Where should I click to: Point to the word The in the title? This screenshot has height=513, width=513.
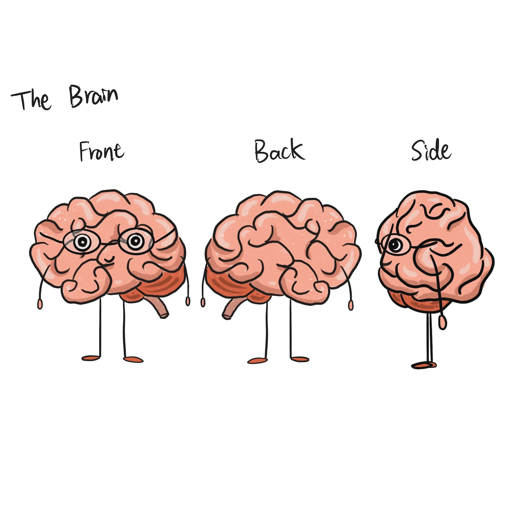tap(31, 100)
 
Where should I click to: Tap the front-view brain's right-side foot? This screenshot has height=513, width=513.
tap(133, 360)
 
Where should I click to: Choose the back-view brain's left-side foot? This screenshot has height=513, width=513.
tap(257, 360)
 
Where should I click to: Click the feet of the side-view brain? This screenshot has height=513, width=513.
tap(423, 366)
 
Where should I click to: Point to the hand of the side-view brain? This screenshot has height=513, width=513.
tap(442, 322)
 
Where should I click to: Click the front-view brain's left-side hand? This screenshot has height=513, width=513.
tap(40, 304)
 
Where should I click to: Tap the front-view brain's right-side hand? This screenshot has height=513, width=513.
tap(188, 301)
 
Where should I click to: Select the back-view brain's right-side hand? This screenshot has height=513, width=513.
tap(351, 305)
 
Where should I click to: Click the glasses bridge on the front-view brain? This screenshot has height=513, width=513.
tap(109, 243)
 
